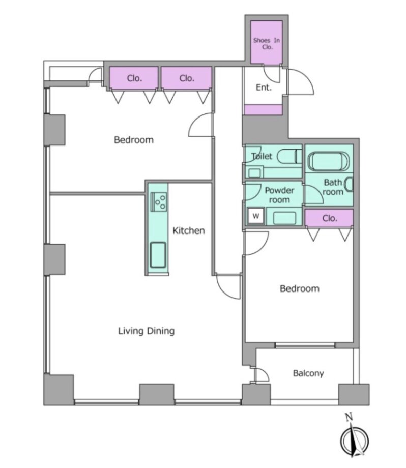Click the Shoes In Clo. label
coord(267,44)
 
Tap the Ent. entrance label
coord(264,87)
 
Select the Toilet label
coord(262,156)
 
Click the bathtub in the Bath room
coord(328,161)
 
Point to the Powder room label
coord(279,195)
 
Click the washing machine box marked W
coord(256,216)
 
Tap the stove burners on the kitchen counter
coord(159,202)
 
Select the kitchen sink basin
coord(158,254)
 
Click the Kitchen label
coord(189,230)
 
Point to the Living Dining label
coord(147,331)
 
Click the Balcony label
coord(308,373)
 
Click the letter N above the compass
coord(349,417)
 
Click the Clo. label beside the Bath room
coord(330,218)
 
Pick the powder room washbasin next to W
coord(284,218)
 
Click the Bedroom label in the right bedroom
coord(300,288)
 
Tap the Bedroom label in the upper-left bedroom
coord(134,140)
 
